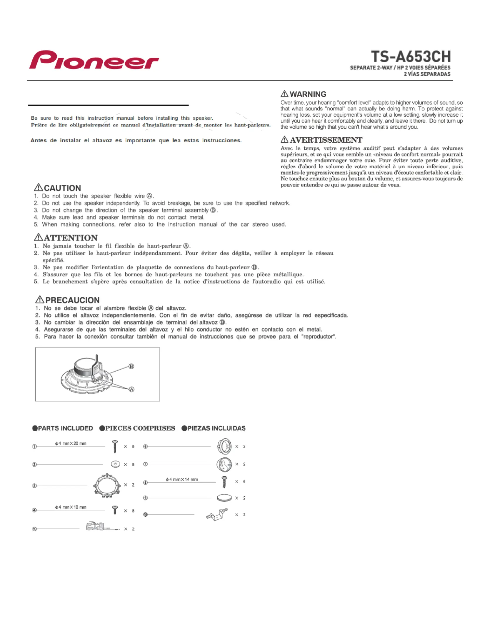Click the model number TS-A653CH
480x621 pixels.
click(411, 57)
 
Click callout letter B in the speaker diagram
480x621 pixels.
click(131, 366)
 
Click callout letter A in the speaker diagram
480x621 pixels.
click(131, 389)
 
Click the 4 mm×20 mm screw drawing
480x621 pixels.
click(115, 446)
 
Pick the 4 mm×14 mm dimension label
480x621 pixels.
click(182, 479)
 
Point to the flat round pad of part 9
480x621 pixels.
click(224, 498)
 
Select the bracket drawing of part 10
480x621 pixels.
click(217, 515)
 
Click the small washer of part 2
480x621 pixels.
click(115, 464)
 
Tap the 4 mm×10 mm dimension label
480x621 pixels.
click(71, 507)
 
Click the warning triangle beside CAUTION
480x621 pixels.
click(39, 187)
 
